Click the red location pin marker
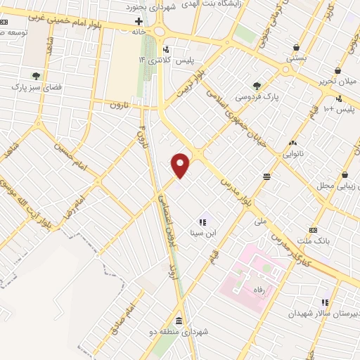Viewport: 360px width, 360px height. pyautogui.click(x=181, y=165)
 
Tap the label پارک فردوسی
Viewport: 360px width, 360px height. pyautogui.click(x=257, y=96)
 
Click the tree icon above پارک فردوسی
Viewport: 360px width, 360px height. pyautogui.click(x=257, y=85)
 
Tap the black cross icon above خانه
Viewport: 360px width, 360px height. pyautogui.click(x=138, y=22)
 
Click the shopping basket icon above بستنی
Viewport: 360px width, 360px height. pyautogui.click(x=296, y=48)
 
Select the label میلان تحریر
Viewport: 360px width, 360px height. pyautogui.click(x=338, y=82)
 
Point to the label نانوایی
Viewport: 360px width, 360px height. pyautogui.click(x=293, y=153)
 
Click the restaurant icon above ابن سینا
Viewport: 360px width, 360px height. pyautogui.click(x=202, y=221)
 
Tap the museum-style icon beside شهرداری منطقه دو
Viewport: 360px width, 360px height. pyautogui.click(x=177, y=321)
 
